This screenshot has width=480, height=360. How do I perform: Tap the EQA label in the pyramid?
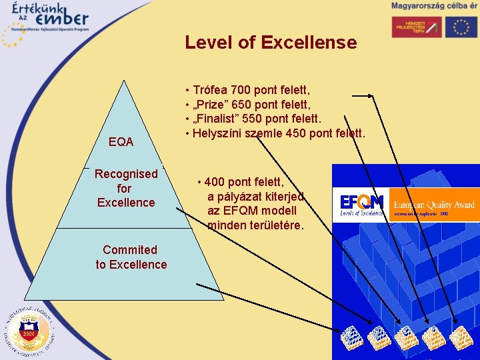click(x=121, y=142)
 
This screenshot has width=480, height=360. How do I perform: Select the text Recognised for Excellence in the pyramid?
click(x=126, y=188)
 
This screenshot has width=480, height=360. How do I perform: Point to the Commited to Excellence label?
click(x=131, y=257)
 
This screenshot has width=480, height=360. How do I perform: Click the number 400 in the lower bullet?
click(x=215, y=181)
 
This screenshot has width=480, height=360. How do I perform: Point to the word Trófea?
click(x=210, y=90)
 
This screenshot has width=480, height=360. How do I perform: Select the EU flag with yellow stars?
click(x=462, y=27)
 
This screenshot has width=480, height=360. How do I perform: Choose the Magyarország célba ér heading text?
click(x=434, y=5)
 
